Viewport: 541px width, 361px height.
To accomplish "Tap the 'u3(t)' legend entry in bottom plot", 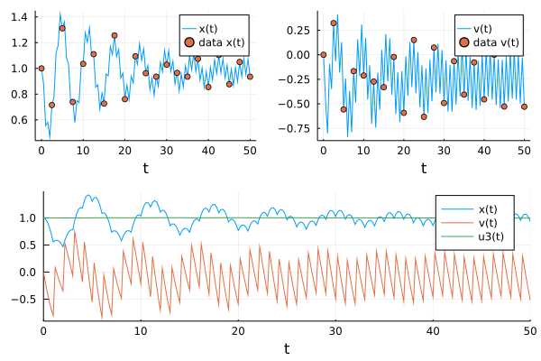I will tap(481, 237).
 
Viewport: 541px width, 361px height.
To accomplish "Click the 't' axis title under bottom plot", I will tap(286, 348).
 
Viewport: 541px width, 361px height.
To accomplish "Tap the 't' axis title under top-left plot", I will tap(145, 167).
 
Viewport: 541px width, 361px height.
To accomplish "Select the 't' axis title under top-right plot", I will tap(423, 167).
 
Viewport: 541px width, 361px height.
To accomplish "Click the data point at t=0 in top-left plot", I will tap(41, 68).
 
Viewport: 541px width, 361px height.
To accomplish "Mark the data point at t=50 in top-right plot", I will tap(524, 106).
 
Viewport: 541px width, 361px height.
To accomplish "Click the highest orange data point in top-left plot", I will tap(62, 28).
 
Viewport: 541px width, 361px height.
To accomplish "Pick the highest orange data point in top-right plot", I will tap(334, 23).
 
